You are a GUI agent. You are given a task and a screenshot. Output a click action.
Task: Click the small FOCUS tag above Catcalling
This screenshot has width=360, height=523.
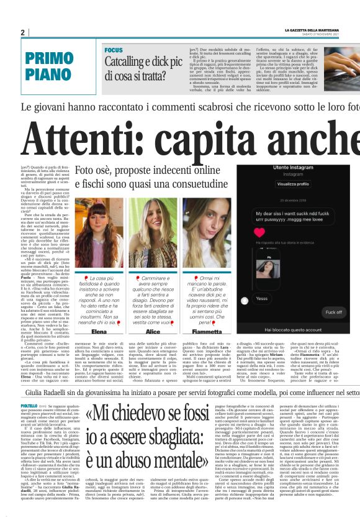coord(114,49)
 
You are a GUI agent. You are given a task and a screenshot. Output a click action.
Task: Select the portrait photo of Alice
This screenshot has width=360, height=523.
coord(153,229)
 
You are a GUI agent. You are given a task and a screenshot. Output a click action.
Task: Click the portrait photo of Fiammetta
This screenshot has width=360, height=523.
coord(207,229)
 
